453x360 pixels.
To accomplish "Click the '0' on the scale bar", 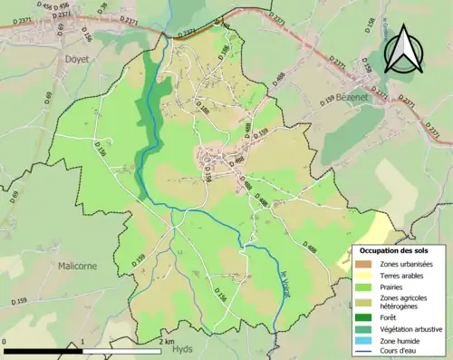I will [x=6, y=342].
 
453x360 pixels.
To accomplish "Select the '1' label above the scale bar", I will [x=82, y=342].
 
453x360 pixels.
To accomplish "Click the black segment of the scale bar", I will [x=43, y=351].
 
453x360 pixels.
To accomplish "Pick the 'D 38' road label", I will [x=101, y=8].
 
